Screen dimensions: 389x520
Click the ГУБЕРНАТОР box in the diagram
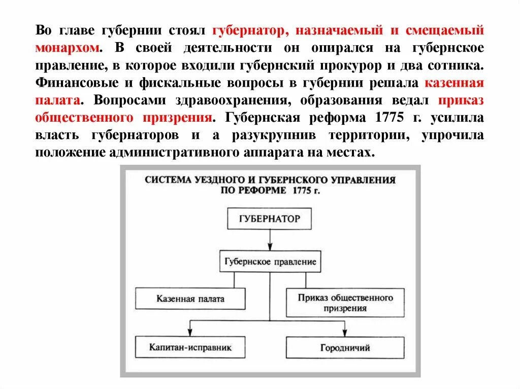tap(269, 219)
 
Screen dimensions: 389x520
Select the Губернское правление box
tap(269, 262)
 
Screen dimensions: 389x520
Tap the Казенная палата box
tap(190, 299)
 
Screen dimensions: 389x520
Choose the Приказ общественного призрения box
tap(345, 302)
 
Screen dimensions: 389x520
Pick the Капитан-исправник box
tap(190, 347)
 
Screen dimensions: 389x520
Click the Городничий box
tap(345, 348)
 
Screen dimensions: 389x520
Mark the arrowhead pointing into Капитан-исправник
tap(190, 333)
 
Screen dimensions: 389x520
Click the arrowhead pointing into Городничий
tap(345, 333)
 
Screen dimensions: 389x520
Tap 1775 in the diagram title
tap(303, 191)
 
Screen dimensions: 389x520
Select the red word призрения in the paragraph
tap(179, 118)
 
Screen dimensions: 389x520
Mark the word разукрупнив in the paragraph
tap(274, 135)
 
